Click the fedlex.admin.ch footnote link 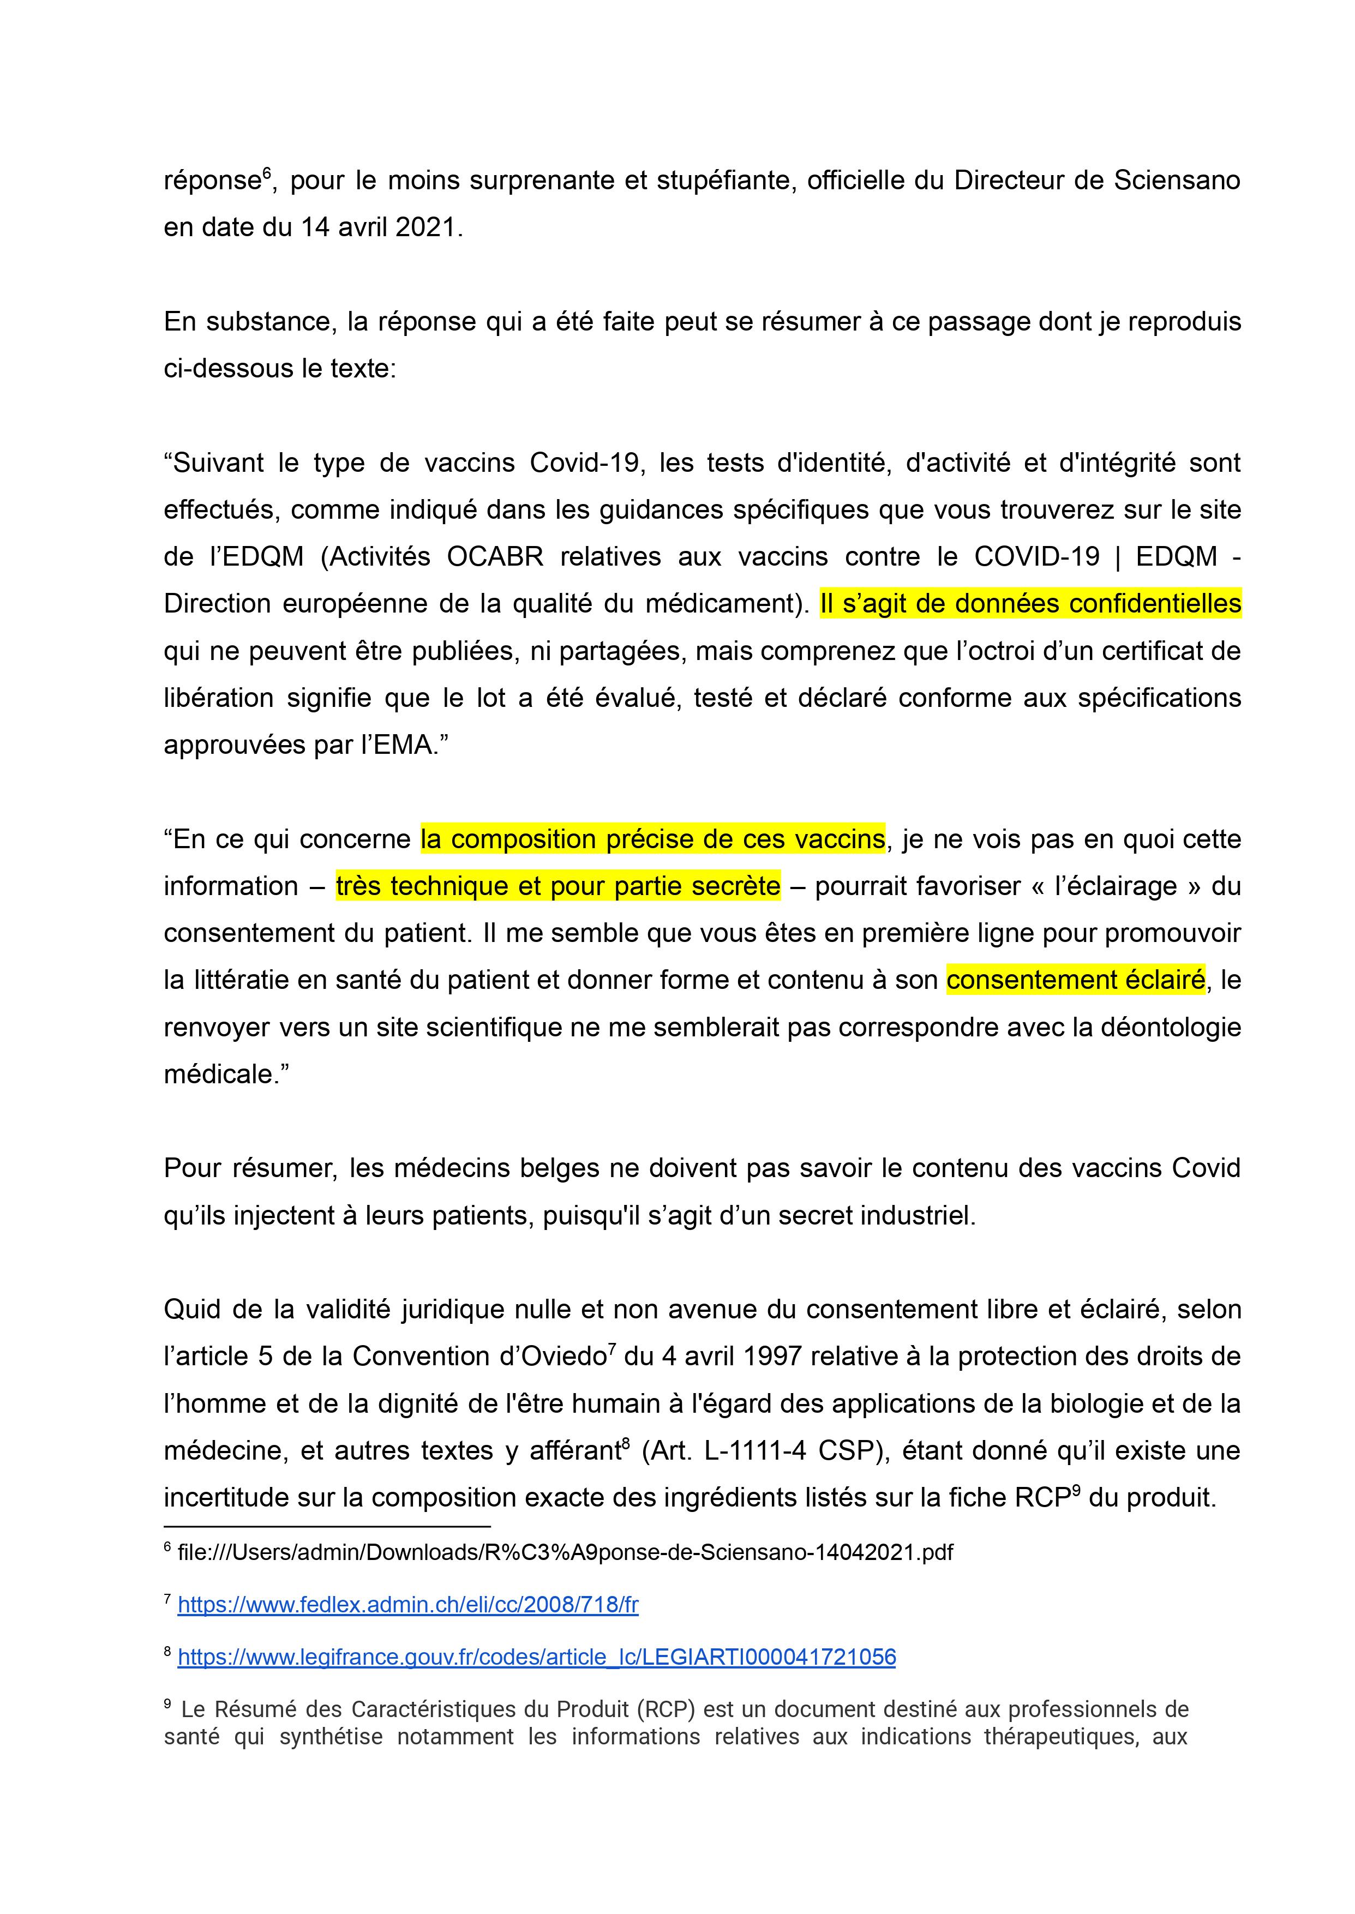click(408, 1605)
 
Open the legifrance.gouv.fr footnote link click(537, 1656)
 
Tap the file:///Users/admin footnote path click(565, 1552)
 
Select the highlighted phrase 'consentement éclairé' click(1076, 980)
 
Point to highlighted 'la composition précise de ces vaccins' click(652, 838)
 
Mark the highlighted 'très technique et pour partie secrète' click(558, 885)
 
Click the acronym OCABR click(495, 556)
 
